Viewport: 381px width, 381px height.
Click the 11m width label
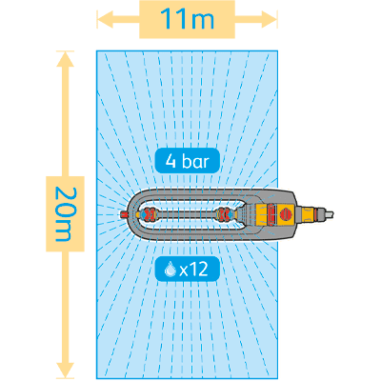pyautogui.click(x=188, y=19)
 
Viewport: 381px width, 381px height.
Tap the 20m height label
pyautogui.click(x=65, y=214)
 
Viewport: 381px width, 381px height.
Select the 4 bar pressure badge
pyautogui.click(x=188, y=161)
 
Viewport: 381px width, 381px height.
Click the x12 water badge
pyautogui.click(x=188, y=270)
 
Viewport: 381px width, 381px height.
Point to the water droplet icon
pyautogui.click(x=170, y=270)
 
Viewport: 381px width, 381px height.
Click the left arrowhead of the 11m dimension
pyautogui.click(x=105, y=19)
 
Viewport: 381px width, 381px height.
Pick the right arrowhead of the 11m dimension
pyautogui.click(x=270, y=19)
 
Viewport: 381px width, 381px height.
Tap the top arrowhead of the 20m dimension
pyautogui.click(x=65, y=59)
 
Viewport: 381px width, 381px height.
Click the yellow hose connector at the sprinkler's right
pyautogui.click(x=309, y=214)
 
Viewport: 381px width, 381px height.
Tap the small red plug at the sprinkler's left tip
pyautogui.click(x=125, y=214)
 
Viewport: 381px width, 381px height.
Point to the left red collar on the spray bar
pyautogui.click(x=149, y=214)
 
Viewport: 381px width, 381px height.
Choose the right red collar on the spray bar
pyautogui.click(x=225, y=214)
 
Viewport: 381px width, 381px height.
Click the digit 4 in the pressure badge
pyautogui.click(x=170, y=161)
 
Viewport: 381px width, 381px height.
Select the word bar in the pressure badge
pyautogui.click(x=196, y=161)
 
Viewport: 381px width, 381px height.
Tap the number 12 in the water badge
pyautogui.click(x=200, y=270)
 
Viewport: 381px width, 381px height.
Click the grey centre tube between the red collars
pyautogui.click(x=187, y=214)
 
